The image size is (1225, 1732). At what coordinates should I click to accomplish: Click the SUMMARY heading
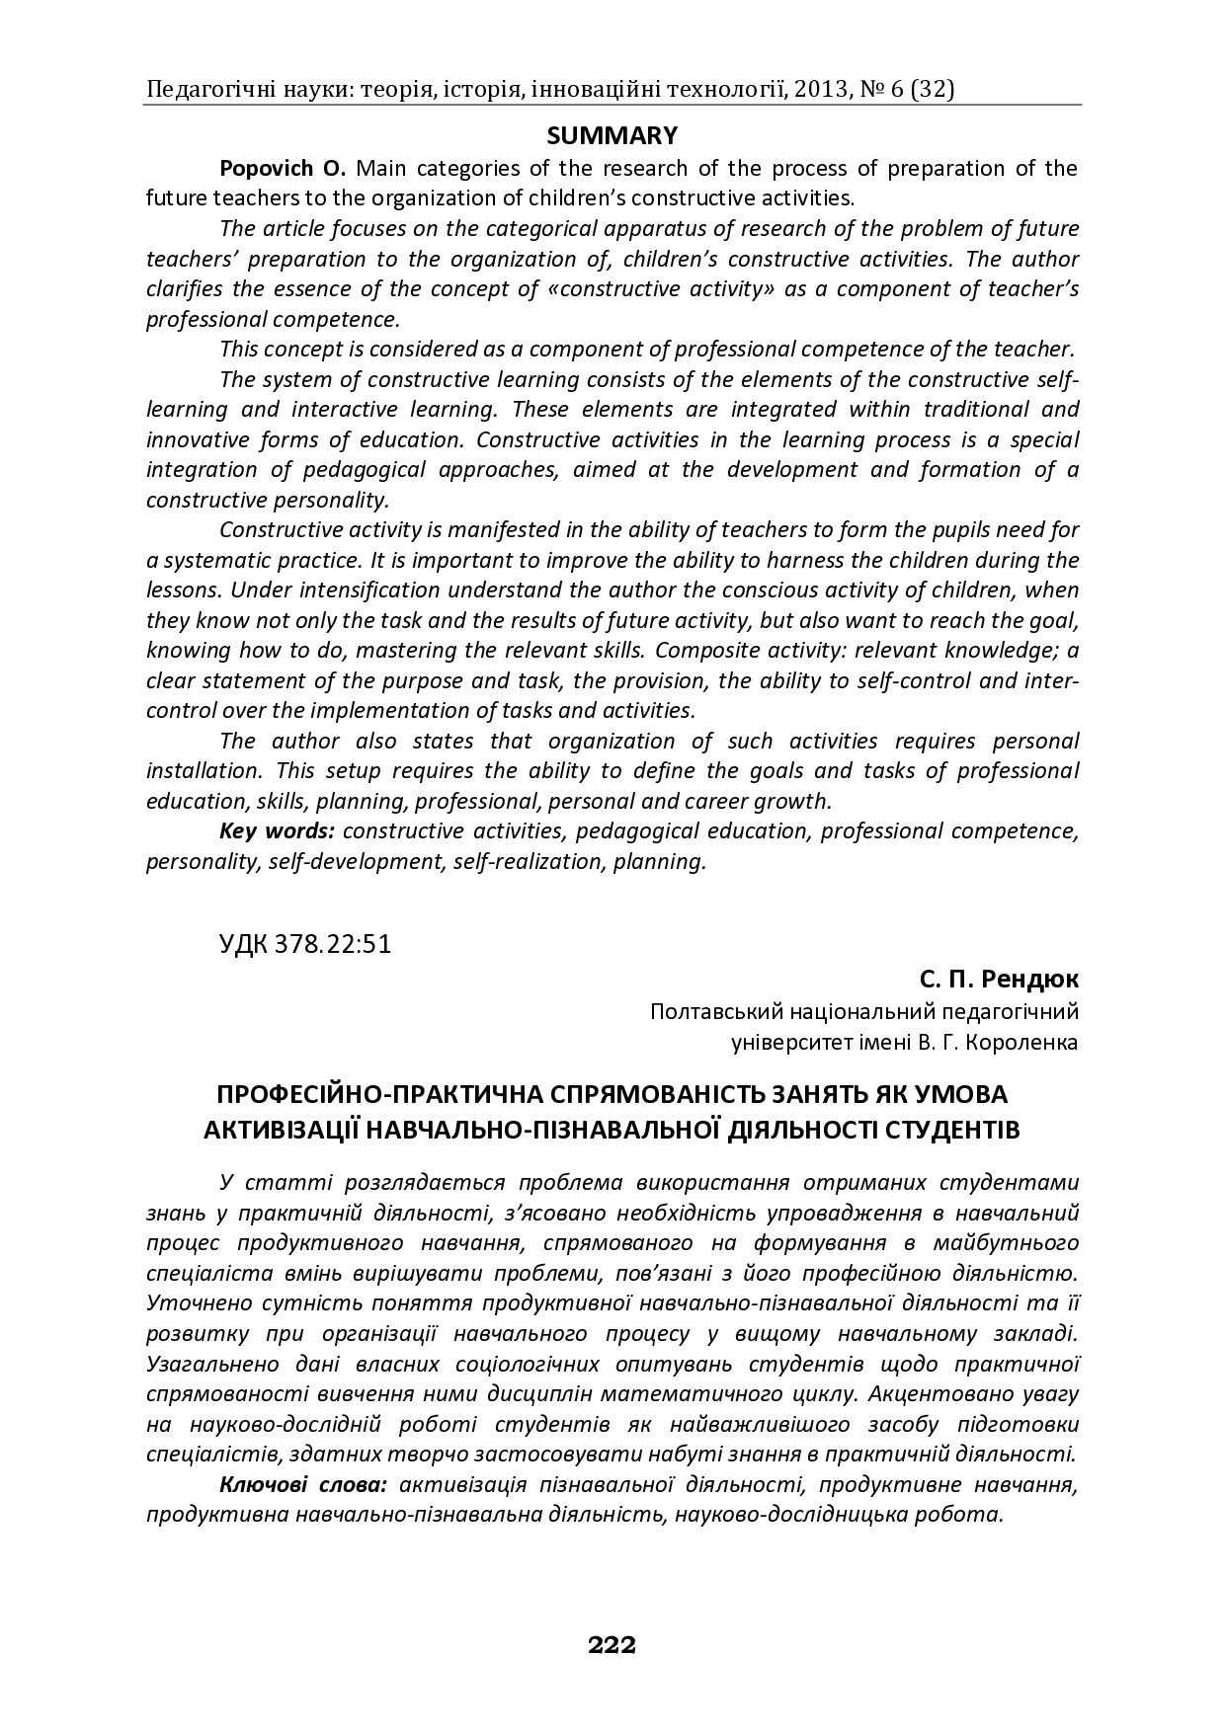612,135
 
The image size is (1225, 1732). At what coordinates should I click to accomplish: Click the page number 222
612,1645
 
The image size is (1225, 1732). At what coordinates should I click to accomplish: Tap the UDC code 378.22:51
304,944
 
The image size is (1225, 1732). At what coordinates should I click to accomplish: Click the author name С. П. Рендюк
999,980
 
